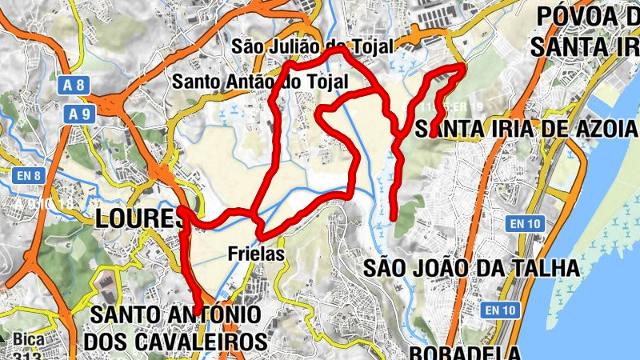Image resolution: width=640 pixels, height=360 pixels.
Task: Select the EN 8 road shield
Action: [x=27, y=174]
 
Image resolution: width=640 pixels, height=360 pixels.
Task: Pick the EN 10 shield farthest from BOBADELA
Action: [x=525, y=224]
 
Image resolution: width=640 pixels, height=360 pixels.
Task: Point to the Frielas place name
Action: [x=256, y=254]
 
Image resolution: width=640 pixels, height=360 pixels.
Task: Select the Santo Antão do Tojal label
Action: [x=261, y=82]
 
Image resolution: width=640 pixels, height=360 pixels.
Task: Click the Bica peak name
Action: [x=27, y=340]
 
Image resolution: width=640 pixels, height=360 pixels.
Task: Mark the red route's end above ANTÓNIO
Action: [x=198, y=312]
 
